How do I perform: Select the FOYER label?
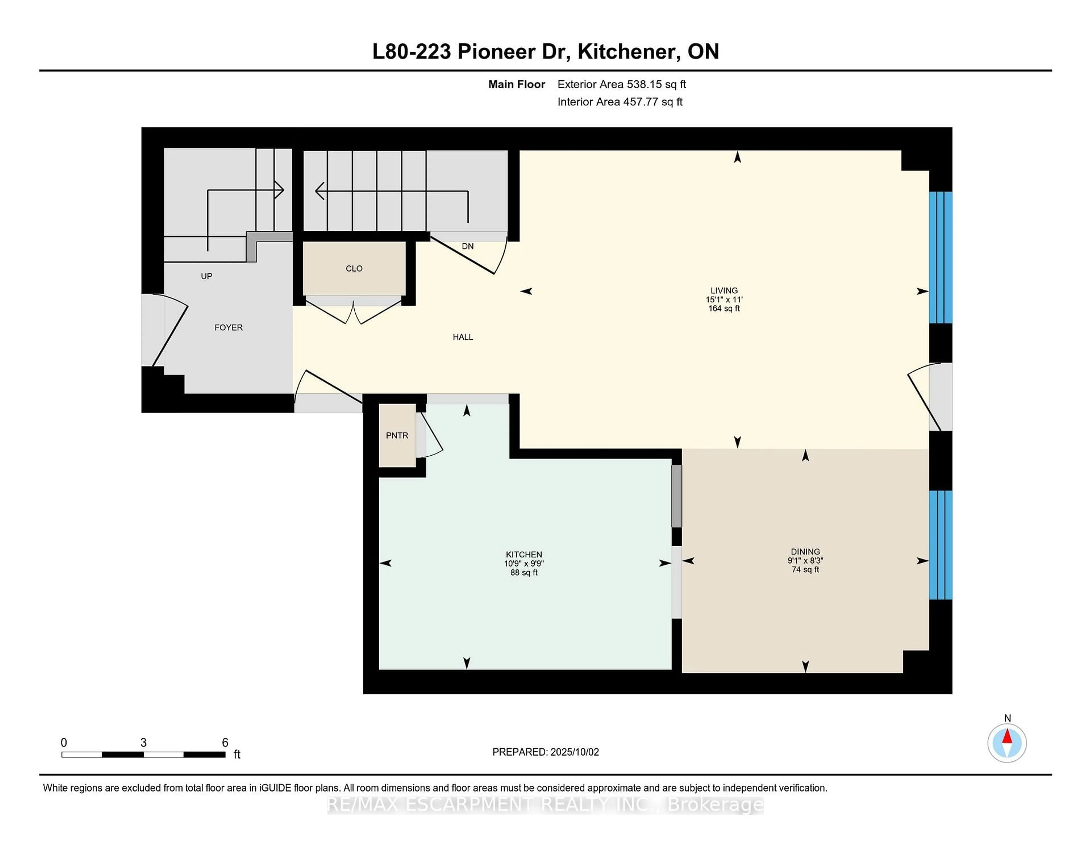(x=228, y=327)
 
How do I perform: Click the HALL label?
(x=463, y=337)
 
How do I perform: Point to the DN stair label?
(x=468, y=246)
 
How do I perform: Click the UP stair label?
(x=206, y=276)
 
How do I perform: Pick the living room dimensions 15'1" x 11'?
(x=724, y=300)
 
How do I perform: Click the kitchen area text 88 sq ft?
(x=524, y=573)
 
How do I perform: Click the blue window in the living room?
(x=940, y=258)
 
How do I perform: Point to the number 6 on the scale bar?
(x=225, y=743)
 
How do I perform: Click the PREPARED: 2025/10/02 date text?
(x=545, y=752)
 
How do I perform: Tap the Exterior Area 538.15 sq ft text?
(x=621, y=84)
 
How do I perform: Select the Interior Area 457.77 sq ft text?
(x=619, y=102)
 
